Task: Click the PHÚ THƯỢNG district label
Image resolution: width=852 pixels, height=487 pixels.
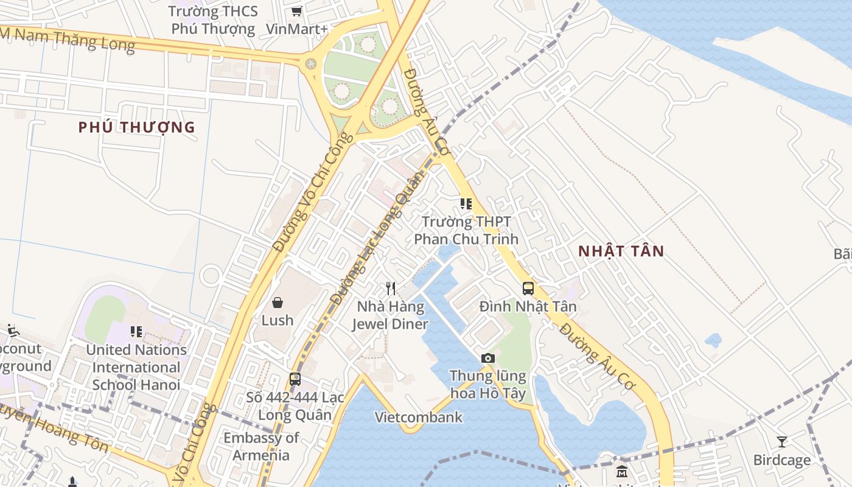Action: (x=136, y=127)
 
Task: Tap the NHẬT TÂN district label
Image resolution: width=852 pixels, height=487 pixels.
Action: (x=621, y=251)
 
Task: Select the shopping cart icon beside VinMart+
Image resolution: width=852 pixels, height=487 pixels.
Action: (x=296, y=11)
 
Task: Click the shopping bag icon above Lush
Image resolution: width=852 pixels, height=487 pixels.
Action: (x=278, y=302)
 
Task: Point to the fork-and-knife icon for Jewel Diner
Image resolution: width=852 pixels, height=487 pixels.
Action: (x=391, y=288)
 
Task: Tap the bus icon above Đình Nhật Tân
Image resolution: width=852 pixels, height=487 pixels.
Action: (x=528, y=289)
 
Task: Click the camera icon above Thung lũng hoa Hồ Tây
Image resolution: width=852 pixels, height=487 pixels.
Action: (x=487, y=358)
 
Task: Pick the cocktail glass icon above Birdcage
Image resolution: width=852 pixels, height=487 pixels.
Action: (x=782, y=441)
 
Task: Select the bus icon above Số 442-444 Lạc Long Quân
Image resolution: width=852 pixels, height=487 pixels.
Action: (x=295, y=379)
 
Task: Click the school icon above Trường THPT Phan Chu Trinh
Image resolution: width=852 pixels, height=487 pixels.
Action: (x=466, y=204)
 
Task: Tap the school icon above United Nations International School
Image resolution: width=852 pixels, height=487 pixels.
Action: (x=136, y=332)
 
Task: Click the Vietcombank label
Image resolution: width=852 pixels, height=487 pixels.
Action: (x=418, y=417)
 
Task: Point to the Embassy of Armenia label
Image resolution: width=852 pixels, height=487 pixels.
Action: (x=261, y=446)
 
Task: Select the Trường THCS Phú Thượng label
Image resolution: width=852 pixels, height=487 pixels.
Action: (x=213, y=20)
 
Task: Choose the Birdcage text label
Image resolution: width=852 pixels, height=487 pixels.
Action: (x=781, y=460)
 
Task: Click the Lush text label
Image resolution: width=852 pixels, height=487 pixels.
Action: (x=278, y=320)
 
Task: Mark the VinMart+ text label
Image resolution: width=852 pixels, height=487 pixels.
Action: (x=296, y=29)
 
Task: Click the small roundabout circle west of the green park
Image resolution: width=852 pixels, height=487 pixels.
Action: (x=311, y=63)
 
